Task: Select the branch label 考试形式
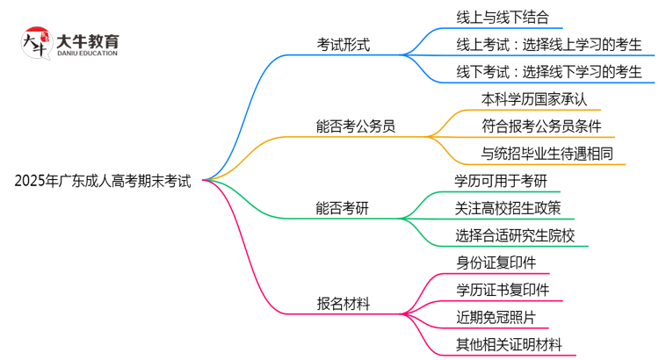point(344,45)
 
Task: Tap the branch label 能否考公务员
point(356,126)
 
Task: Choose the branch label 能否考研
point(344,207)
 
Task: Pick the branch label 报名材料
point(344,303)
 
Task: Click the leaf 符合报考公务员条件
point(541,126)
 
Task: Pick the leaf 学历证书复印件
point(503,289)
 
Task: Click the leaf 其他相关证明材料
point(509,343)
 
